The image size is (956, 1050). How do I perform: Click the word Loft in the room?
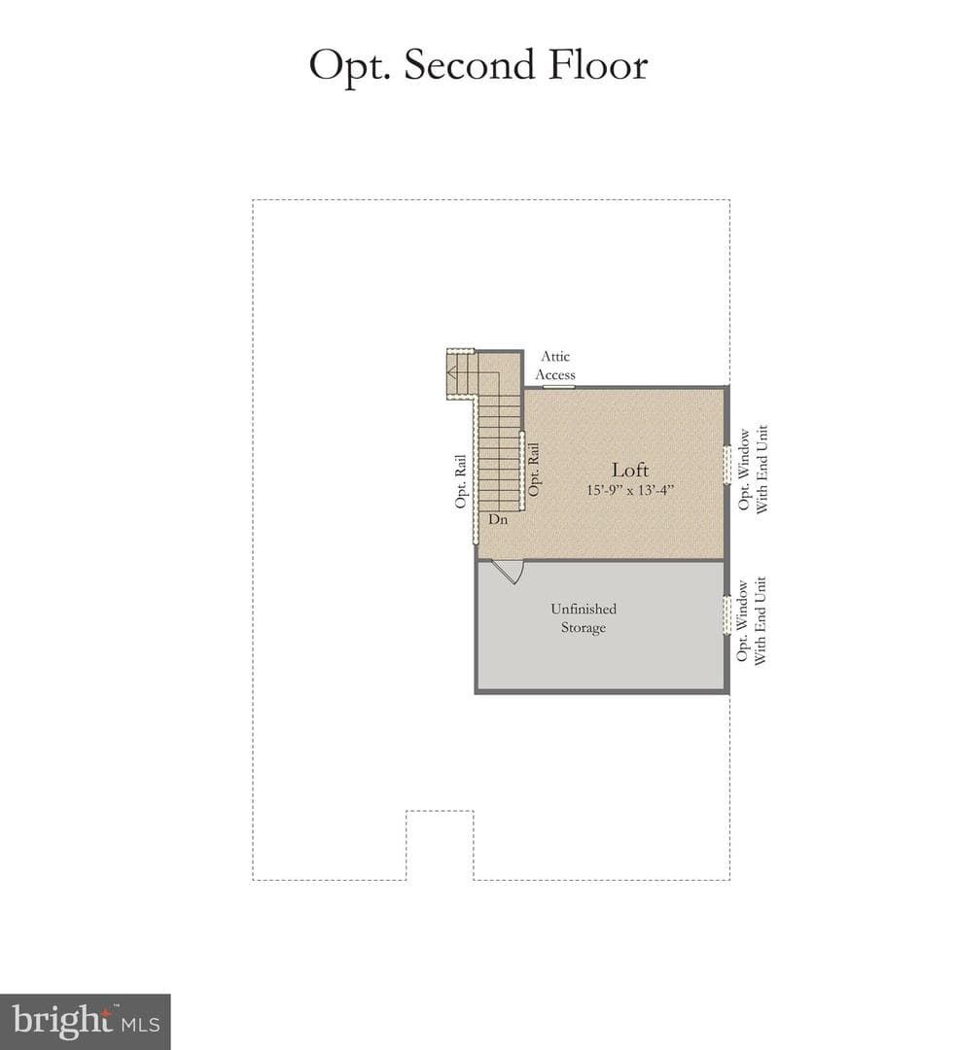(x=630, y=470)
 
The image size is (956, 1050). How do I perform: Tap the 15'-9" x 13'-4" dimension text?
(x=630, y=490)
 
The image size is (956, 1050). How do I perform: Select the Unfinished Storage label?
(x=584, y=618)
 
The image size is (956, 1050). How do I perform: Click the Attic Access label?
(x=555, y=366)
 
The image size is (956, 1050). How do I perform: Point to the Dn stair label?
(x=498, y=519)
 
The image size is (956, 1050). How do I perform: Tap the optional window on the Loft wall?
(x=726, y=464)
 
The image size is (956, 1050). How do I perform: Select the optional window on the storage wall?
(x=726, y=614)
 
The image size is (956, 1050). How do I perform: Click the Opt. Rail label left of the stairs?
(x=460, y=481)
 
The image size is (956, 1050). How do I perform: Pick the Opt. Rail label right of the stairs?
(x=534, y=471)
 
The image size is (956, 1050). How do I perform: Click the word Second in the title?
(x=470, y=65)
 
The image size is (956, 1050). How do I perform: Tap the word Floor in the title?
(x=598, y=65)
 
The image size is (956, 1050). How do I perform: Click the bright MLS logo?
(x=85, y=1022)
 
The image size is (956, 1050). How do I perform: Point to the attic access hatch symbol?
(x=559, y=386)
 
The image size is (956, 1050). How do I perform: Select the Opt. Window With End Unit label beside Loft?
(x=753, y=470)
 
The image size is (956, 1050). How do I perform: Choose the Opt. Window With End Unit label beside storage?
(x=751, y=620)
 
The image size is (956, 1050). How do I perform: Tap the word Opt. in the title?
(x=349, y=67)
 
